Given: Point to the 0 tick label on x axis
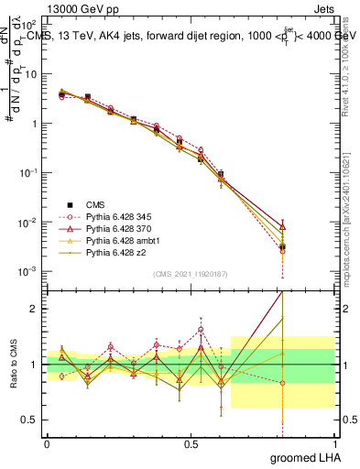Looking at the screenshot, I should (47, 443).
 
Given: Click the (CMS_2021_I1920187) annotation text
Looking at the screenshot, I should (190, 274).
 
